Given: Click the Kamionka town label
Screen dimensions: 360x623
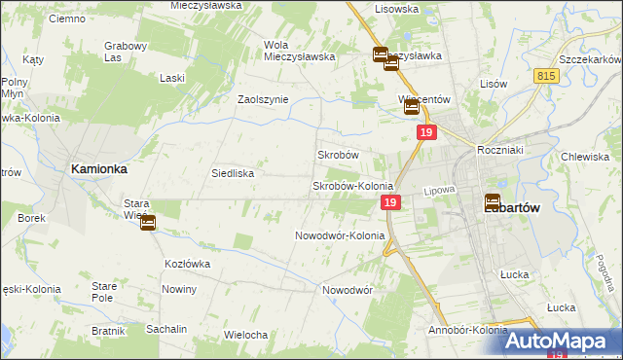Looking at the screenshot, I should [x=99, y=168].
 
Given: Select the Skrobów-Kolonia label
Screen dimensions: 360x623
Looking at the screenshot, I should [x=351, y=186].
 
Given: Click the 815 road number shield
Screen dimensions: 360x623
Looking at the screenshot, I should [x=546, y=75].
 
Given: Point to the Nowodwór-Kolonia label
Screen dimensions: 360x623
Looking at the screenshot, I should [x=340, y=235].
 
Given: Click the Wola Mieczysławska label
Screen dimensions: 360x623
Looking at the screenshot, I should [x=299, y=50].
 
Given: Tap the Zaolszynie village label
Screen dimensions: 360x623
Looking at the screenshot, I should [x=264, y=99].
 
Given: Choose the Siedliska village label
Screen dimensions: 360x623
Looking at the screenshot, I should [x=233, y=173].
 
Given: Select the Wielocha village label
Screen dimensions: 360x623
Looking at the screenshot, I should [x=245, y=335].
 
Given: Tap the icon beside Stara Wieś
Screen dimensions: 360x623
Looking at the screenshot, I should [x=147, y=223].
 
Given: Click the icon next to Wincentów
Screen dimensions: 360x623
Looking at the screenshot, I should [x=412, y=109].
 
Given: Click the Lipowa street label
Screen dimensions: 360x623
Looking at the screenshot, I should [x=439, y=192].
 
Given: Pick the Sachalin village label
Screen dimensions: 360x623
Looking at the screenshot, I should [x=166, y=329].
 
